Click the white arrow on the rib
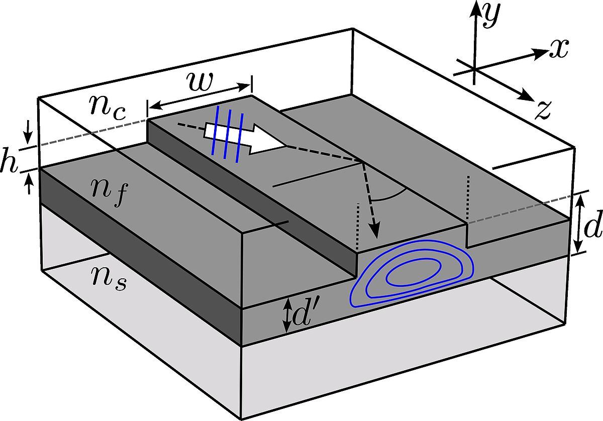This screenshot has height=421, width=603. (x=246, y=138)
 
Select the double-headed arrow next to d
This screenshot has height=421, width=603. (x=579, y=223)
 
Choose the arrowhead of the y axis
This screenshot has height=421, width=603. (x=473, y=9)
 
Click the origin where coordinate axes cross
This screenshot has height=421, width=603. (x=473, y=67)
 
